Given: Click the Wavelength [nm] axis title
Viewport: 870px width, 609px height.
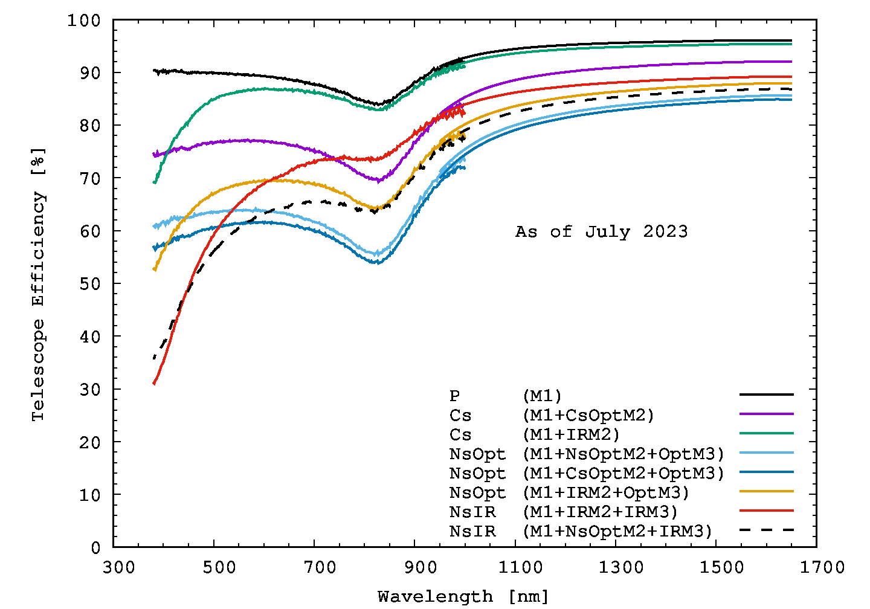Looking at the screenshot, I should [x=463, y=597].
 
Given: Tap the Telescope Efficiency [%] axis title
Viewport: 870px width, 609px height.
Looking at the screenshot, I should [x=38, y=284].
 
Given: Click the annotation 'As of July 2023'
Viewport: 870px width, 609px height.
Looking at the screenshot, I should [x=601, y=232].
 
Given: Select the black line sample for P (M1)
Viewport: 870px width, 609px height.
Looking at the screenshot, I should [x=766, y=395].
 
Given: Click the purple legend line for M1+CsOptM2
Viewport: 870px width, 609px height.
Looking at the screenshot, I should [x=766, y=414].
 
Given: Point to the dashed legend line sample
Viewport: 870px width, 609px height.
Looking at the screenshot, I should [x=766, y=530].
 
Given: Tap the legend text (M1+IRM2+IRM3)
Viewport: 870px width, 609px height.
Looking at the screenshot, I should [x=600, y=512].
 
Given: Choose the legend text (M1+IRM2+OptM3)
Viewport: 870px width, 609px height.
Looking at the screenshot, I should [x=605, y=493].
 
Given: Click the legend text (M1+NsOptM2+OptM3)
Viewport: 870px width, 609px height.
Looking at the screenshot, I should [x=623, y=454].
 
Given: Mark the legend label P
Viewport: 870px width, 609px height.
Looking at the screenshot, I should [x=454, y=396].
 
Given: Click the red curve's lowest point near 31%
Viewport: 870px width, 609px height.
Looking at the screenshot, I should [x=155, y=383].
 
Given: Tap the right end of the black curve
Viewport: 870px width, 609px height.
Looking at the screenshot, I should [x=791, y=40].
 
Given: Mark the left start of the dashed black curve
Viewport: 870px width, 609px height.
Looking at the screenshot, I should [x=155, y=358].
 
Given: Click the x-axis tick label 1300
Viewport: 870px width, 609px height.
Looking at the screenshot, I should [x=621, y=567].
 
